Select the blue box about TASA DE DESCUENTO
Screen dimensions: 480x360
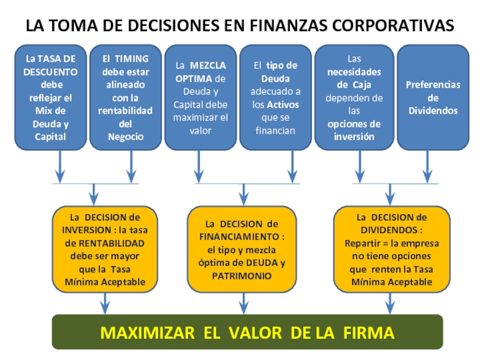click(x=50, y=97)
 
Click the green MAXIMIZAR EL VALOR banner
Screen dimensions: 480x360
click(x=247, y=332)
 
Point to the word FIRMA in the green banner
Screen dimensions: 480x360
click(x=369, y=332)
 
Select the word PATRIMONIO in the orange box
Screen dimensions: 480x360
click(x=242, y=275)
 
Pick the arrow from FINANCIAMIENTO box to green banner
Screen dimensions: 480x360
click(x=243, y=303)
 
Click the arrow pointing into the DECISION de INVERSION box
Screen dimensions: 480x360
click(x=94, y=194)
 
